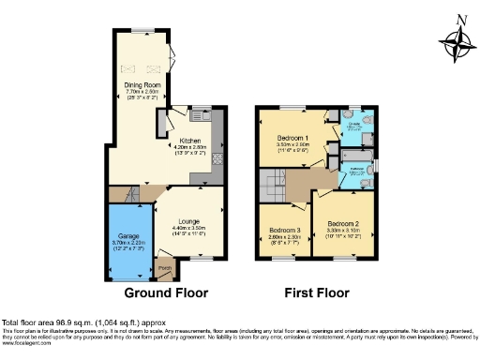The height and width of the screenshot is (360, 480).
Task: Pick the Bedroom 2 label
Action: [342, 224]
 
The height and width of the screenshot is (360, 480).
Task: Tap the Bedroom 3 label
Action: [285, 230]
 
